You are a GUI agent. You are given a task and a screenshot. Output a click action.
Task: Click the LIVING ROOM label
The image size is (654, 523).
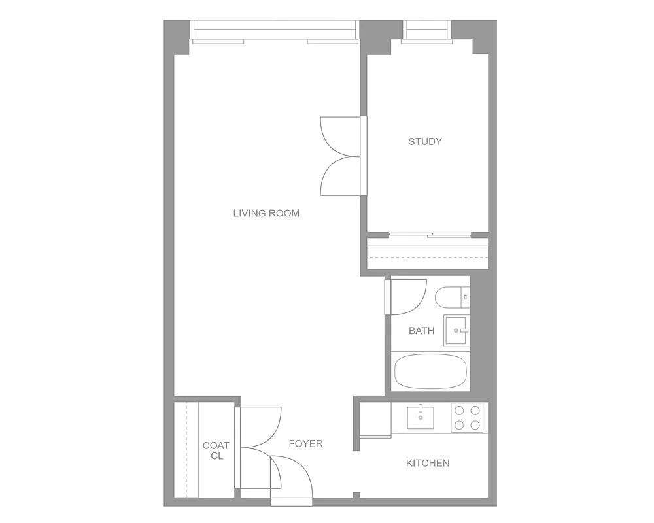pos(266,213)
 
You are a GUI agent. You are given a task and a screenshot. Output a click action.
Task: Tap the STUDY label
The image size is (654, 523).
pos(425,141)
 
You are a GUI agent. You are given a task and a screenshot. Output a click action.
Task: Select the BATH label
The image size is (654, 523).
pos(421,331)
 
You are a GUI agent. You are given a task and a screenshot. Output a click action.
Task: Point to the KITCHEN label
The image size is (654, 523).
pos(428,463)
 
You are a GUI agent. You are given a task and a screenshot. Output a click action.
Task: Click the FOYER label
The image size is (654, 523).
pos(305,443)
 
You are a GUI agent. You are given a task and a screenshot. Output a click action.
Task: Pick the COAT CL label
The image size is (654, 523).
pos(216,450)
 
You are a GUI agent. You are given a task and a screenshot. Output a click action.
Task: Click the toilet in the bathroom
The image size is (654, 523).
pos(452,297)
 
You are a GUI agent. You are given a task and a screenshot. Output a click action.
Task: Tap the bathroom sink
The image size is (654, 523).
pos(456,330)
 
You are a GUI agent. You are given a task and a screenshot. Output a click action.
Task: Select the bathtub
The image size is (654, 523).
pos(430,372)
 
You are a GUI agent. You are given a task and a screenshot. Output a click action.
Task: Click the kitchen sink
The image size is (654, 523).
pos(421,416)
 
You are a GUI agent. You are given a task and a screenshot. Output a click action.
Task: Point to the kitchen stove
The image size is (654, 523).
pos(467,418)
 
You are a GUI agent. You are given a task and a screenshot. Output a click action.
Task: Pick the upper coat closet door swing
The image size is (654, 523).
pos(259,426)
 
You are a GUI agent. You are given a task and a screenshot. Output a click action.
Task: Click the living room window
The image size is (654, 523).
pos(275,30)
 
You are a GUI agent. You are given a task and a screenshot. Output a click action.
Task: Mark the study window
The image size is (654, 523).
pos(428,30)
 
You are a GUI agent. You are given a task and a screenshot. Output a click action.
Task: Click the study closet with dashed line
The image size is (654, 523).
pos(428,253)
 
